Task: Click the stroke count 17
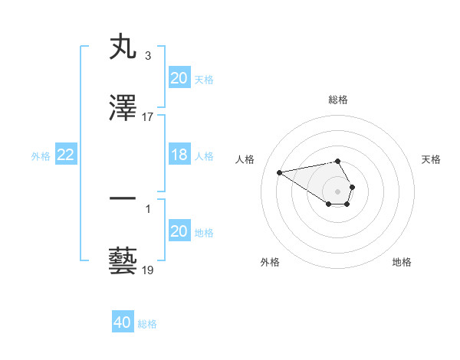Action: coord(148,117)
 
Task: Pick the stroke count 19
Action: coord(148,270)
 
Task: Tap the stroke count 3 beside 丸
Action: coord(148,56)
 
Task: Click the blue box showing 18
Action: coord(179,155)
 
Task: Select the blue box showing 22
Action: coord(66,155)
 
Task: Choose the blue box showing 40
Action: coord(123,322)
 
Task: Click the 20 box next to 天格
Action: coord(179,78)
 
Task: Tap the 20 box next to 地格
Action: coord(179,231)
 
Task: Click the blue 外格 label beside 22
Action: coord(41,155)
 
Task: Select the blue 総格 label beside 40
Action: coord(147,324)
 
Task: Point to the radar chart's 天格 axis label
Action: coord(431,159)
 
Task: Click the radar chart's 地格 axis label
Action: coord(402,262)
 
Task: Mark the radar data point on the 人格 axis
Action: coord(279,172)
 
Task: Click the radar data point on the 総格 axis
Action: coord(337,161)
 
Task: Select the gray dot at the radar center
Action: coord(337,191)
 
